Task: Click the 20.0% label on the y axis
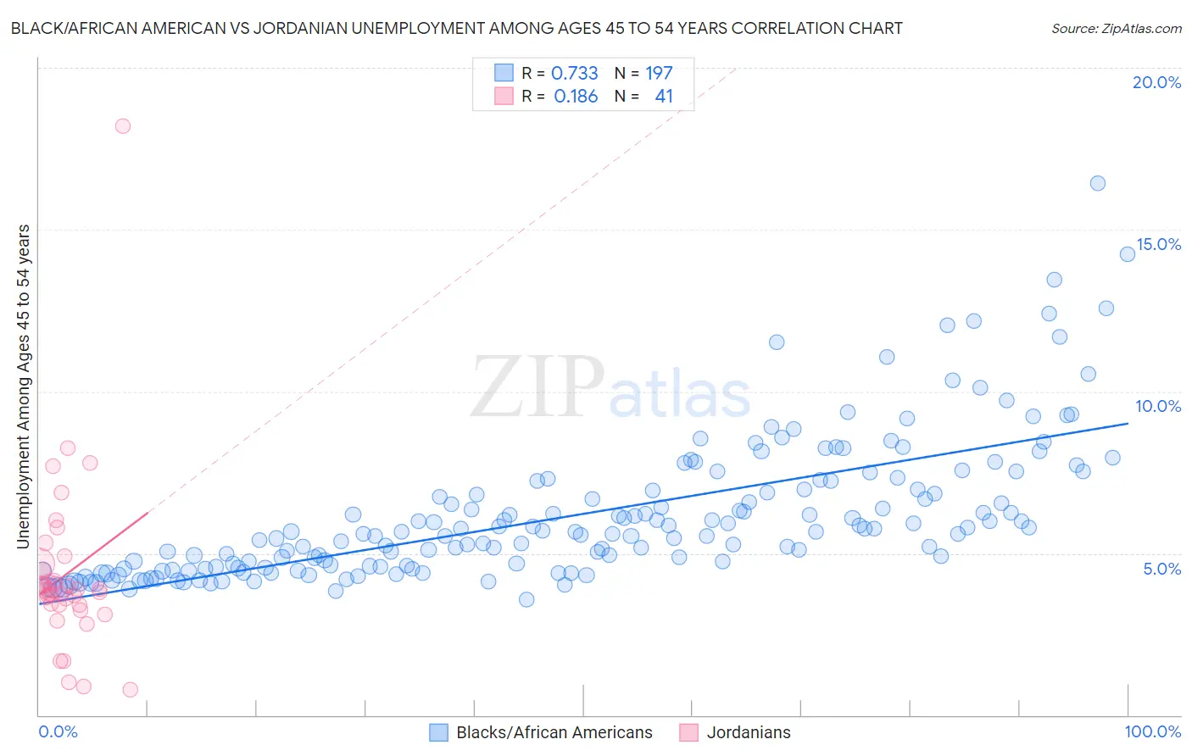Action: [1156, 82]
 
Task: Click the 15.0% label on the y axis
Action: [1158, 244]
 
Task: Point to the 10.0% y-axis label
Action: [1158, 406]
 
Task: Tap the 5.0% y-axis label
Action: [1161, 569]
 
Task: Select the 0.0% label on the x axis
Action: [58, 731]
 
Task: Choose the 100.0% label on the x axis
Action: [1152, 731]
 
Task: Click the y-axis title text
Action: [23, 386]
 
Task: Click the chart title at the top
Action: [456, 28]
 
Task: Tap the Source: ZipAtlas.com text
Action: [1116, 28]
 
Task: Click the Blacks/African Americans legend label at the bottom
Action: [554, 732]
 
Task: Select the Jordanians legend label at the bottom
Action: [748, 732]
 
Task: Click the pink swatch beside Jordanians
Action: [688, 732]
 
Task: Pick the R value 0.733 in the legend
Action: [574, 74]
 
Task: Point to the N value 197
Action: [659, 74]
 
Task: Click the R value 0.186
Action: [576, 97]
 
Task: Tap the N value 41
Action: [663, 97]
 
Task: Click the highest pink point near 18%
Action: [123, 126]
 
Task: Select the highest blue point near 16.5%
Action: [1097, 183]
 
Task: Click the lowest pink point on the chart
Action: [130, 690]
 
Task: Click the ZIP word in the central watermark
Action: [537, 387]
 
